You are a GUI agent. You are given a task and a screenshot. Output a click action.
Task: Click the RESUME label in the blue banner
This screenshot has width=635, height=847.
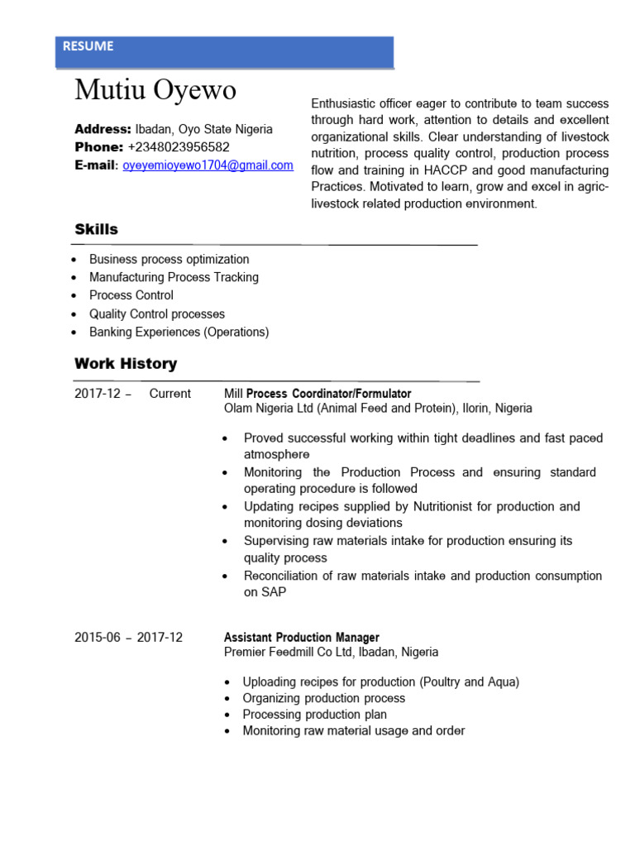(x=88, y=47)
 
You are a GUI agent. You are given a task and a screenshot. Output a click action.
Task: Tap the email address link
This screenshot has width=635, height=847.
(x=208, y=165)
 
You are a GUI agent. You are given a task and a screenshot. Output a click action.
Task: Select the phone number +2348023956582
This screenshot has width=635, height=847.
(x=179, y=147)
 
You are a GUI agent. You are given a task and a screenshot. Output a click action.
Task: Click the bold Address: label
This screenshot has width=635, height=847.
(x=103, y=130)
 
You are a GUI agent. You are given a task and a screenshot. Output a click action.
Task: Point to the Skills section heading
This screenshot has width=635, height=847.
(x=96, y=229)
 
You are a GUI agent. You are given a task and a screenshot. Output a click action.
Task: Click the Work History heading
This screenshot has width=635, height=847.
(x=126, y=363)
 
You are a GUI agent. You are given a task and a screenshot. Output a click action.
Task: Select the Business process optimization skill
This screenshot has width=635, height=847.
(x=169, y=259)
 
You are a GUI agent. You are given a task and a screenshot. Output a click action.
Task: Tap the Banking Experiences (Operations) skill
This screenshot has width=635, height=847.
(x=179, y=332)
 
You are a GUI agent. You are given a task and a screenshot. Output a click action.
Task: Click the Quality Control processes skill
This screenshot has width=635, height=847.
(x=156, y=313)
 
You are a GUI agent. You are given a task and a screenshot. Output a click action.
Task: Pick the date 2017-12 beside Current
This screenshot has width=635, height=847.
(x=98, y=394)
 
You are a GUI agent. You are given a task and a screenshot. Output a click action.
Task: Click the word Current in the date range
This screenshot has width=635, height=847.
(x=169, y=394)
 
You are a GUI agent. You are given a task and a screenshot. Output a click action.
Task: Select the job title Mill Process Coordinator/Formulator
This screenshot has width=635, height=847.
(x=317, y=394)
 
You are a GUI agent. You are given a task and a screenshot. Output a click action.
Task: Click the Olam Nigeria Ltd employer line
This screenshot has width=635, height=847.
(x=378, y=409)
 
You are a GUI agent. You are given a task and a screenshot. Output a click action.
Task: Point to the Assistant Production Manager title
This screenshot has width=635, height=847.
(x=302, y=637)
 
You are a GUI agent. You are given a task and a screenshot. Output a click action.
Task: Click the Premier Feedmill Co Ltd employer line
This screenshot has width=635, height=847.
(x=331, y=652)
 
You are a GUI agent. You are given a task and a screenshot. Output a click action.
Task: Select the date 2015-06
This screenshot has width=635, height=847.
(x=98, y=637)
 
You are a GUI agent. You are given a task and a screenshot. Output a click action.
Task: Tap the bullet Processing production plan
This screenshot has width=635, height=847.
(x=314, y=715)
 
